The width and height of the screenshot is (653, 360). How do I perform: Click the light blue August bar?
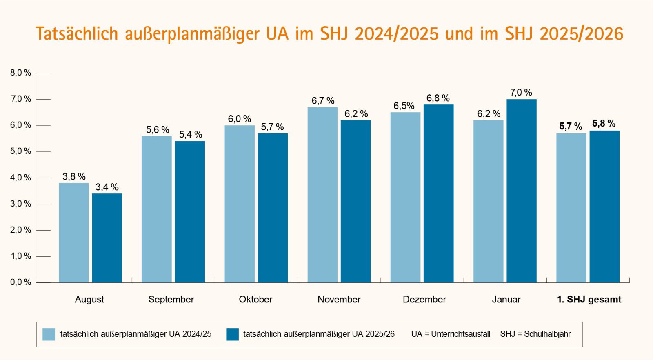[x=73, y=233]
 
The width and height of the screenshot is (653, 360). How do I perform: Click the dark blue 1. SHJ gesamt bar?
[x=604, y=207]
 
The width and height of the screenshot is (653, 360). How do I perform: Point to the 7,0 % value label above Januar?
[x=521, y=93]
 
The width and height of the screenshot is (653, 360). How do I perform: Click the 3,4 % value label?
[x=107, y=187]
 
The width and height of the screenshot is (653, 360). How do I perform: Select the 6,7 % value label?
[x=323, y=101]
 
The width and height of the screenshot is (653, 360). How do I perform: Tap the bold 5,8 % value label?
[x=604, y=124]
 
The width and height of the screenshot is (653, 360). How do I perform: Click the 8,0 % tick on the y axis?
[x=20, y=73]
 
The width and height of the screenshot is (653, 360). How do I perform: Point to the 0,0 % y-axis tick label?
[x=20, y=282]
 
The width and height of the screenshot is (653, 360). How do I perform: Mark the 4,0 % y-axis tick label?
[x=20, y=178]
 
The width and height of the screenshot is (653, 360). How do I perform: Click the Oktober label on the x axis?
[x=255, y=300]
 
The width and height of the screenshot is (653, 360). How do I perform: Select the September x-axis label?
[x=171, y=300]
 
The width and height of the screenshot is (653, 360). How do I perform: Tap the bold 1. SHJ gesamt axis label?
[x=589, y=300]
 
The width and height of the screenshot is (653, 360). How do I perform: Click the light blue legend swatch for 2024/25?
[x=49, y=334]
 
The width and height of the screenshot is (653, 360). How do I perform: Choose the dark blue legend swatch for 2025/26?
[x=232, y=334]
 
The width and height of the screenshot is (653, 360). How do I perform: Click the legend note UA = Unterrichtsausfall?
[x=451, y=334]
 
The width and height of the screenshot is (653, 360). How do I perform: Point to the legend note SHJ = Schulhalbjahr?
[x=535, y=334]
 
